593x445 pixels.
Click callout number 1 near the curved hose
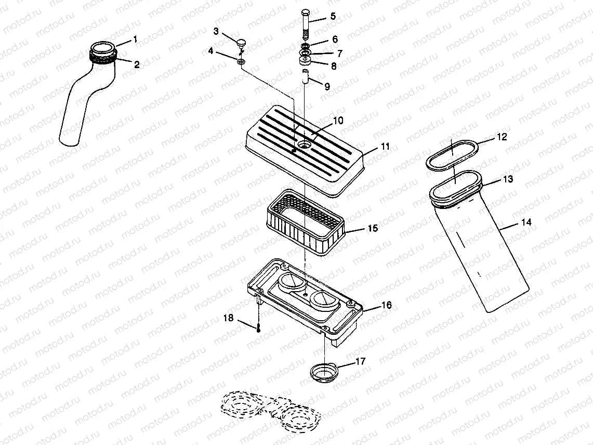[x=135, y=39]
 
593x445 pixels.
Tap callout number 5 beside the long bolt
[x=333, y=16]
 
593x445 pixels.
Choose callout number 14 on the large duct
[x=526, y=222]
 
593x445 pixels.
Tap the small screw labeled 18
[x=258, y=328]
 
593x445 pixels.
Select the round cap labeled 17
[x=323, y=372]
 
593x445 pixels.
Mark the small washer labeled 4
[x=241, y=62]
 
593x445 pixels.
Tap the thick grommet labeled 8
[x=305, y=62]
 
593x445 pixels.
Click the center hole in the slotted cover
[x=303, y=141]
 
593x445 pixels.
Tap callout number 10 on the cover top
[x=338, y=121]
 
